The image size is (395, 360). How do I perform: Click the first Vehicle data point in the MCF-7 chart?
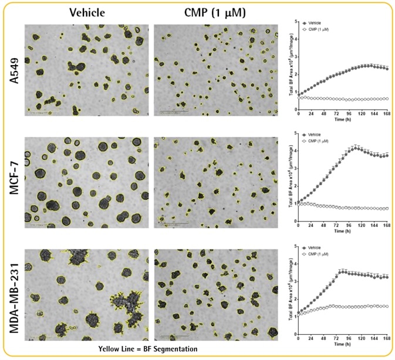[x=299, y=203]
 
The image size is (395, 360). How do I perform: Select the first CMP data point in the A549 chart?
[x=299, y=96]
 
